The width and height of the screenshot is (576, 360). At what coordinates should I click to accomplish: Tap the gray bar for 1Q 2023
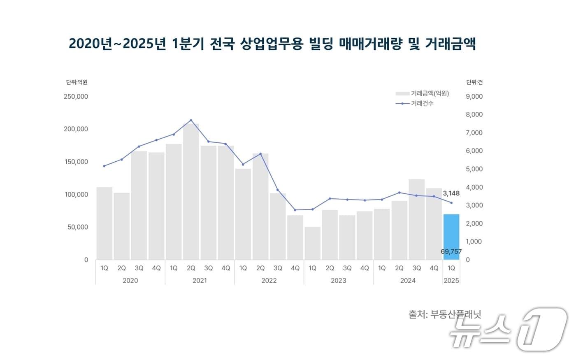(x=312, y=243)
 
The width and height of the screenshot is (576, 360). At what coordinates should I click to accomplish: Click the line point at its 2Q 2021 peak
(x=191, y=120)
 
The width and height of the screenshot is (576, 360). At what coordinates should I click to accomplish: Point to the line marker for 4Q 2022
(x=295, y=210)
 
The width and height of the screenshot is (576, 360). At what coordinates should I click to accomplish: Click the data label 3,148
(x=451, y=193)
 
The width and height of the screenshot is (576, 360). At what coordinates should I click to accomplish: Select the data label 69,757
(x=451, y=251)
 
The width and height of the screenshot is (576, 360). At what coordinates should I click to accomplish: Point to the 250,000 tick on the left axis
(x=76, y=96)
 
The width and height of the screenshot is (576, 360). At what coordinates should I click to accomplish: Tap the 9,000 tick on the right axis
(x=474, y=96)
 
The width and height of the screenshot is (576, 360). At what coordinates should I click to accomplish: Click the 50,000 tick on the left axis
(x=78, y=227)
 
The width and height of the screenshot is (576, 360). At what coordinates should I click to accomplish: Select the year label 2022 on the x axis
(x=269, y=281)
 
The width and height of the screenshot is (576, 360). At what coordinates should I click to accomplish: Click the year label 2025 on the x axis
(x=451, y=281)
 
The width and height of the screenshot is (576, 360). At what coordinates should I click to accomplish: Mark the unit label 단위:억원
(x=77, y=82)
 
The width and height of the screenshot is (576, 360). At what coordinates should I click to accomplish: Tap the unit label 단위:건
(x=474, y=82)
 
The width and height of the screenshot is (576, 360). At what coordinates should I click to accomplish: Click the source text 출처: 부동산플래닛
(x=444, y=315)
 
